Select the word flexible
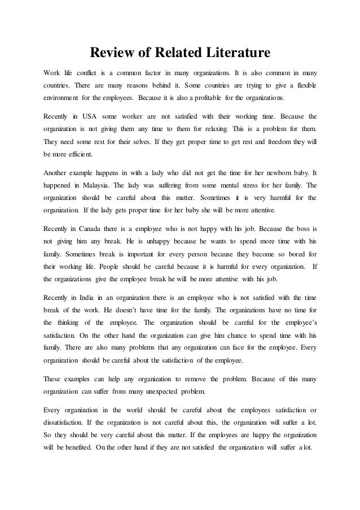[304, 86]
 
